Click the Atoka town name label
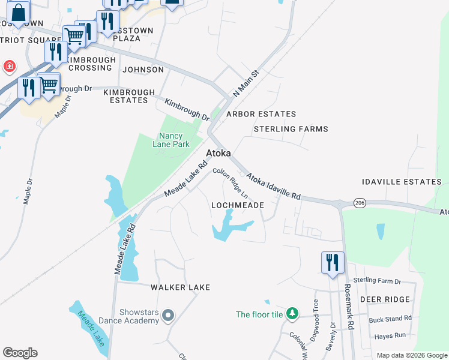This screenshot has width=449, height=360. [x=218, y=154]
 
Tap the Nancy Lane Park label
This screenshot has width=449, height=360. [x=174, y=140]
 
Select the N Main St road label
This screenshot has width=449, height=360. [x=245, y=83]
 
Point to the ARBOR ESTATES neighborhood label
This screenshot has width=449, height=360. [x=261, y=114]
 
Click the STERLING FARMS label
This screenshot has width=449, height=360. [x=291, y=129]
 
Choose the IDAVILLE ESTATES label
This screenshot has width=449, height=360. [x=402, y=182]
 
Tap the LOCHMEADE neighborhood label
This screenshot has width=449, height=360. [x=238, y=205]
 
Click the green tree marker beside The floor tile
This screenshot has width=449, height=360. [x=292, y=314]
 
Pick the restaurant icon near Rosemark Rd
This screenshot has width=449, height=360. [x=333, y=263]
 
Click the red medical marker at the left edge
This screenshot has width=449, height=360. [x=10, y=66]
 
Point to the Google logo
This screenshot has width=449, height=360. [x=20, y=353]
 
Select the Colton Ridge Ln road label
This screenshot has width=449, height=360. [x=231, y=184]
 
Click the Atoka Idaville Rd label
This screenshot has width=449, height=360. [x=274, y=187]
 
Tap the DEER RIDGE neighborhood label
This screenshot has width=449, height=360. [x=385, y=299]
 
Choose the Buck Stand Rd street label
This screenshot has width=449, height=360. [x=390, y=319]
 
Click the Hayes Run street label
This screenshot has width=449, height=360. [x=390, y=336]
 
